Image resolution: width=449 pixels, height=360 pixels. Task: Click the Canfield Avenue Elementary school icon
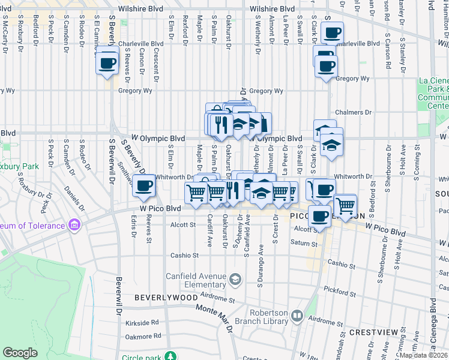pyautogui.click(x=236, y=278)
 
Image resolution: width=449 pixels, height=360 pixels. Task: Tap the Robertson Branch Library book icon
pyautogui.click(x=297, y=316)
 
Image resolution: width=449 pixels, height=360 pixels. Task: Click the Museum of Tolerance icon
pyautogui.click(x=74, y=225)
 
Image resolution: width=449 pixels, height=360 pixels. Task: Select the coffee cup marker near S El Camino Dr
pyautogui.click(x=107, y=62)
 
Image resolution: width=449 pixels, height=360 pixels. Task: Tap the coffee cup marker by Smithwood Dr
pyautogui.click(x=143, y=186)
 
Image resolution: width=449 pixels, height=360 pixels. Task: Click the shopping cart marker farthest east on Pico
pyautogui.click(x=346, y=206)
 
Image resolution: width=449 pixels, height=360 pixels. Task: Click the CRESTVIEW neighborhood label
pyautogui.click(x=373, y=332)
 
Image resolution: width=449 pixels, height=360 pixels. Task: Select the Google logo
pyautogui.click(x=20, y=352)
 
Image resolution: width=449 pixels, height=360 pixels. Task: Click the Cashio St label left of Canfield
pyautogui.click(x=185, y=255)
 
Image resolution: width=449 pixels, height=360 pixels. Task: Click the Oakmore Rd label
pyautogui.click(x=143, y=337)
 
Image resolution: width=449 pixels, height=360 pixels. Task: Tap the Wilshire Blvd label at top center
pyautogui.click(x=272, y=9)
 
